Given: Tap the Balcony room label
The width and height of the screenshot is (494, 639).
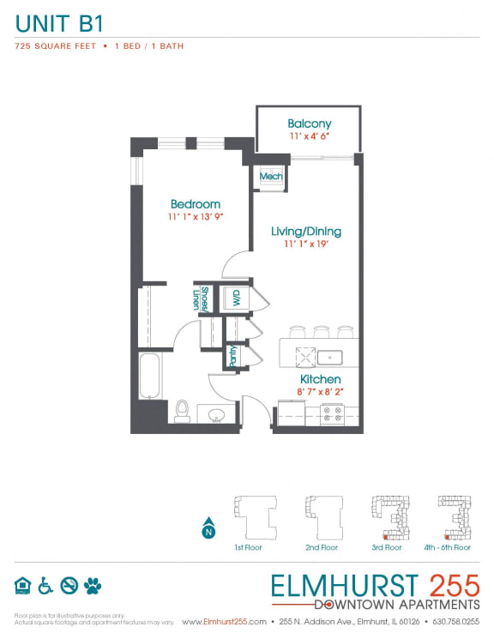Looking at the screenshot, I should tap(309, 124).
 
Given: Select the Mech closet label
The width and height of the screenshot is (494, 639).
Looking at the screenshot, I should tap(271, 177).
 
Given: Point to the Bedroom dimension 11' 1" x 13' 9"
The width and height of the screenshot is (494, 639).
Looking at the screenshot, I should tap(195, 218).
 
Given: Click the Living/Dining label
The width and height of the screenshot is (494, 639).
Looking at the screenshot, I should tap(305, 231).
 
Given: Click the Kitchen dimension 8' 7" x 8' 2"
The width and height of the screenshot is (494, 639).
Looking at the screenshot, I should tap(320, 392).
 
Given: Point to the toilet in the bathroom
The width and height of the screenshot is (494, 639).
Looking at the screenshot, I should tap(181, 411).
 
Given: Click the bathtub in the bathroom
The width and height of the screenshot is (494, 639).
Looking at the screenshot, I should tap(152, 377).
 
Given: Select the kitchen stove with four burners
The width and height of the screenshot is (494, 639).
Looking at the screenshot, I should tap(332, 415).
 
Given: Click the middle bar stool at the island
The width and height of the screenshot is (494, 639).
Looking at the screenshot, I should tap(321, 331).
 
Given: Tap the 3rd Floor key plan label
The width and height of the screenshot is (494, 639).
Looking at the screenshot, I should tap(387, 546).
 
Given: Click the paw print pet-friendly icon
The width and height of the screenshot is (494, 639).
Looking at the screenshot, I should tap(93, 585).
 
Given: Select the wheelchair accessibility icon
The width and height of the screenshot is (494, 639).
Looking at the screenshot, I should tap(45, 585).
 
